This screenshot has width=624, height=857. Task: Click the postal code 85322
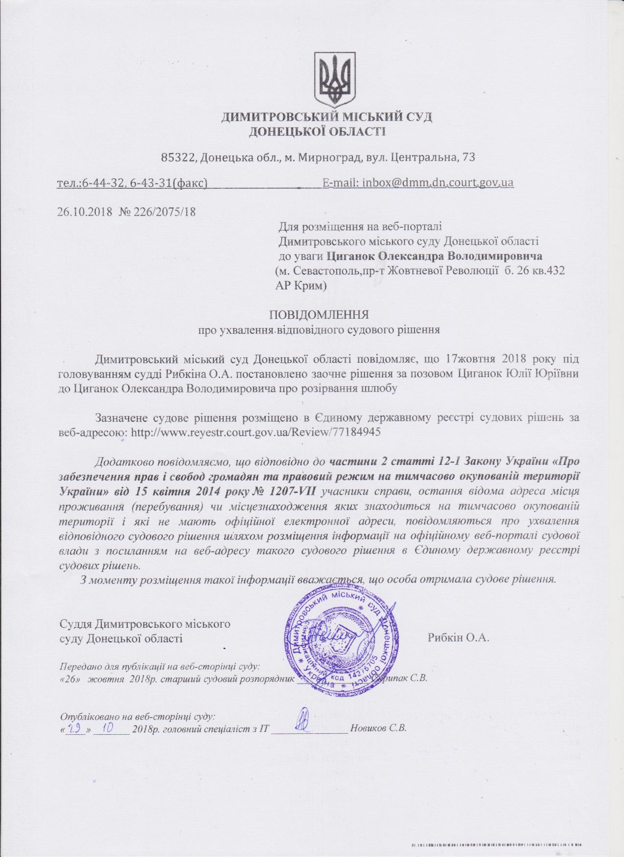179,157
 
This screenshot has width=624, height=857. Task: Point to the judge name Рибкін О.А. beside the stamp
459,637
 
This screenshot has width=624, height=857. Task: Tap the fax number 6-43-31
150,183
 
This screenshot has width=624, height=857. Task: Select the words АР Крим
300,285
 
